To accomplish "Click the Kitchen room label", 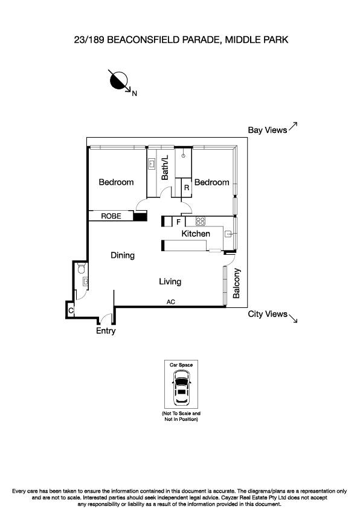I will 196,234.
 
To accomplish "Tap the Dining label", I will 123,255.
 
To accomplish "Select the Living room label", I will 170,281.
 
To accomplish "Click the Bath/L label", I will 165,167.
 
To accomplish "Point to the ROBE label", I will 111,216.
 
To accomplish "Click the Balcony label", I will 236,284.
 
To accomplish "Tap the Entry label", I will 106,331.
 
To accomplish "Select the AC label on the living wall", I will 170,301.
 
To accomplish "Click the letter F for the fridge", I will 178,222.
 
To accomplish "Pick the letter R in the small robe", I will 187,188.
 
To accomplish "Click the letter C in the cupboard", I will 71,310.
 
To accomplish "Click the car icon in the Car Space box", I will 180,388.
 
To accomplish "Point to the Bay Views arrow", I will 293,126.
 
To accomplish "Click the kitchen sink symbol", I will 228,234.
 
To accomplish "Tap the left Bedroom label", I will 116,182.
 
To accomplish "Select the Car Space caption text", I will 180,366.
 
